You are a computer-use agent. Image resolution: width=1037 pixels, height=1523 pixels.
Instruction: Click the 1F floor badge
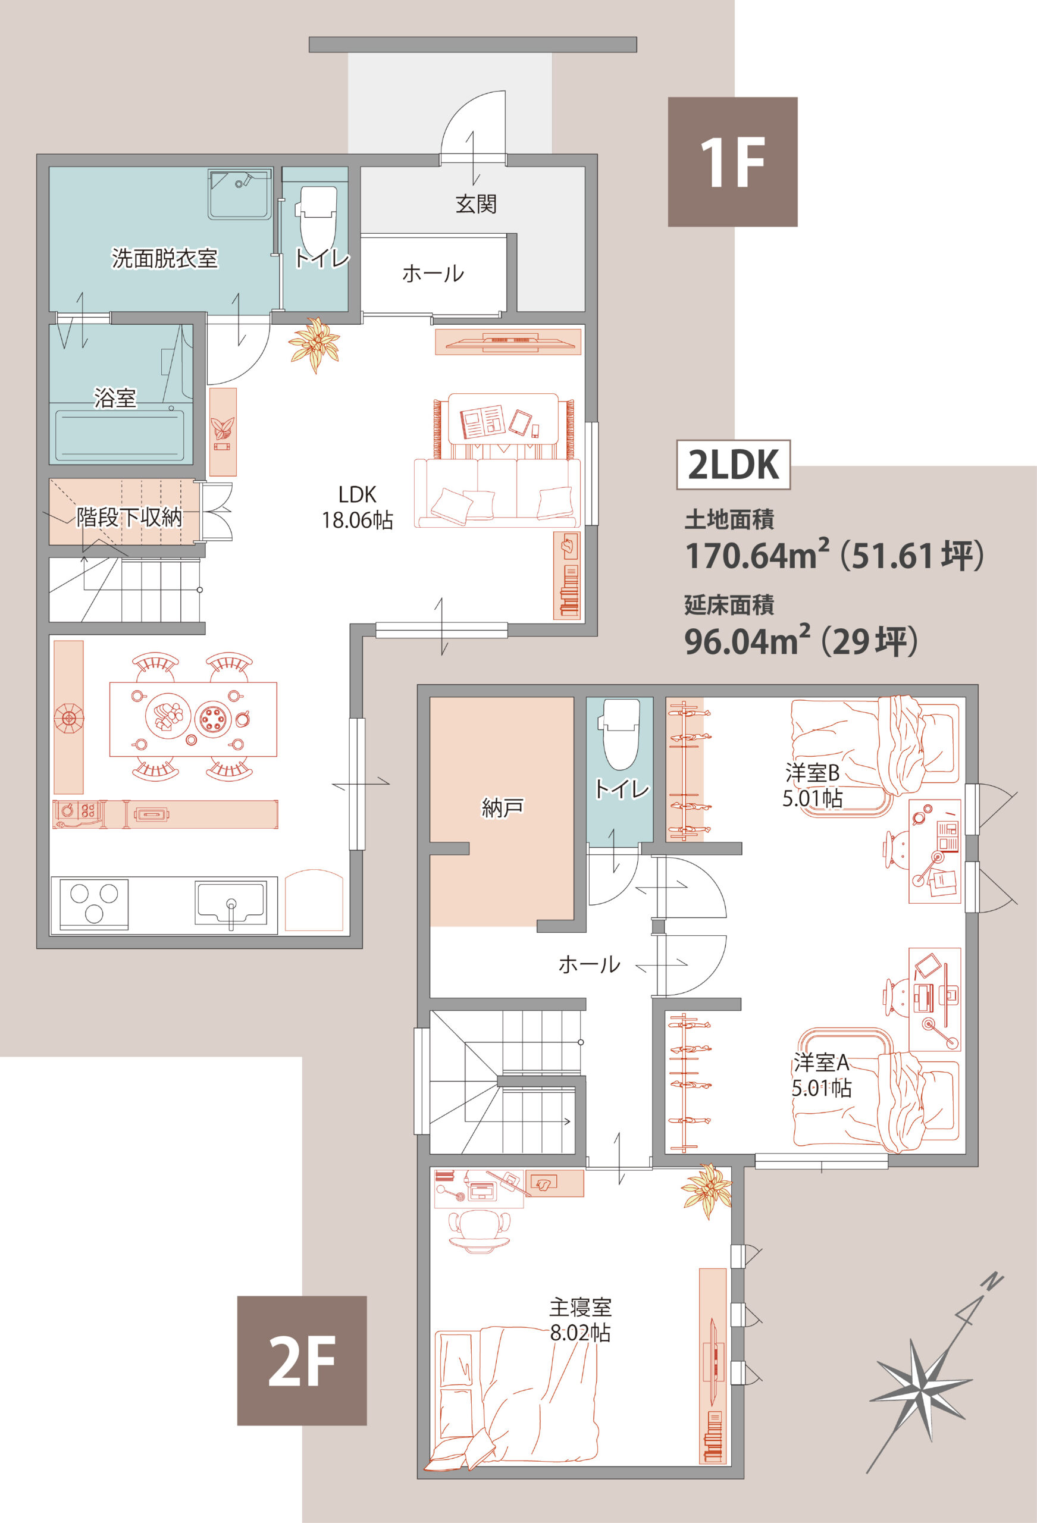[x=732, y=162]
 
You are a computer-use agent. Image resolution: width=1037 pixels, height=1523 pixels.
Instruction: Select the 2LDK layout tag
[x=734, y=465]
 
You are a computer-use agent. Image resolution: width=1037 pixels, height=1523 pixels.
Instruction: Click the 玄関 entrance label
[x=476, y=204]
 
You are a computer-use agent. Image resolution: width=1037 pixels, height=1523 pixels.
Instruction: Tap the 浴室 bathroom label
[x=115, y=398]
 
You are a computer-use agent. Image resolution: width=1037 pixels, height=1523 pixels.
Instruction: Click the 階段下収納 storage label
[x=129, y=517]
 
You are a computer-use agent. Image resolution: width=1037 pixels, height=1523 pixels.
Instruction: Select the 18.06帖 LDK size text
[x=357, y=521]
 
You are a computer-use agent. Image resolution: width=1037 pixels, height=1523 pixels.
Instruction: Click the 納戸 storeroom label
[x=502, y=807]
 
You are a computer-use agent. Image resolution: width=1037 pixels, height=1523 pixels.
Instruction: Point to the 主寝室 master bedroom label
[x=580, y=1308]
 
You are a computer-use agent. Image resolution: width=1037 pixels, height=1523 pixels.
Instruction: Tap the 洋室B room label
[x=813, y=773]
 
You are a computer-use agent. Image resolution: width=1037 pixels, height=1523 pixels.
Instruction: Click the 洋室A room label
[x=820, y=1062]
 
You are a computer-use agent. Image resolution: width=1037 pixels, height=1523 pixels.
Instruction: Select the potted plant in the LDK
[x=315, y=344]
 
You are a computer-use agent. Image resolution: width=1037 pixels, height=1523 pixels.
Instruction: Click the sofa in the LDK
[x=497, y=492]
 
